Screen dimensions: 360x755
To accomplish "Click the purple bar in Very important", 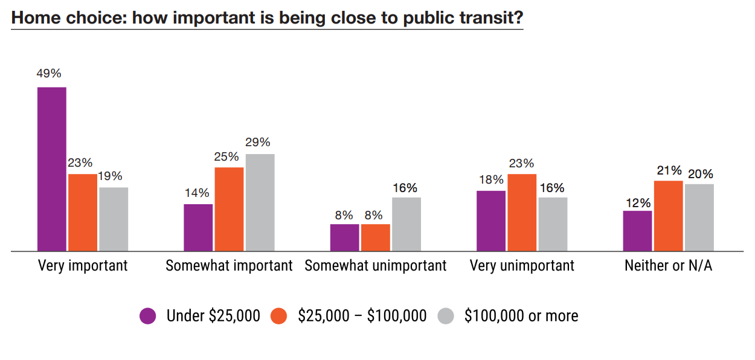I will click(52, 169).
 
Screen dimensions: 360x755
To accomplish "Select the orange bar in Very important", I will click(83, 212).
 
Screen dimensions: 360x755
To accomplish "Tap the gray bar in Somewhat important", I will click(260, 202).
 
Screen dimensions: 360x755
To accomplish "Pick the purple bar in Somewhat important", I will click(198, 227).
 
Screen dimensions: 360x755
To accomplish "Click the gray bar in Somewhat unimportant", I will click(406, 223).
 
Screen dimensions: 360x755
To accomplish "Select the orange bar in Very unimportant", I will click(522, 212).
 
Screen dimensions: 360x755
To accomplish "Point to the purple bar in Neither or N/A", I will click(637, 231).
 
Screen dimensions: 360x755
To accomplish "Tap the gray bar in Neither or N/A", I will click(699, 217).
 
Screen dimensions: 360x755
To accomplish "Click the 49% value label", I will click(50, 74).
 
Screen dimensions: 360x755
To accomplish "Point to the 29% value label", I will click(258, 143).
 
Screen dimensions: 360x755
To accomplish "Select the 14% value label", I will click(197, 193).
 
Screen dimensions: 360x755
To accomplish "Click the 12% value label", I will click(638, 202).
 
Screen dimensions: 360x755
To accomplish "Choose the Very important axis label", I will click(83, 266).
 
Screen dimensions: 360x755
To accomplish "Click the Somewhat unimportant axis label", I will click(376, 266).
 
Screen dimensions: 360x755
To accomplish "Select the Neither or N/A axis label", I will click(668, 266).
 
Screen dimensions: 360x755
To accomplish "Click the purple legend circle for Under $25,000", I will click(148, 316).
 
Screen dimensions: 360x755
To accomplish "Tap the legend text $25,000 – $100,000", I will click(362, 316).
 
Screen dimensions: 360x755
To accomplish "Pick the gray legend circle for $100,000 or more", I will click(446, 316).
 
